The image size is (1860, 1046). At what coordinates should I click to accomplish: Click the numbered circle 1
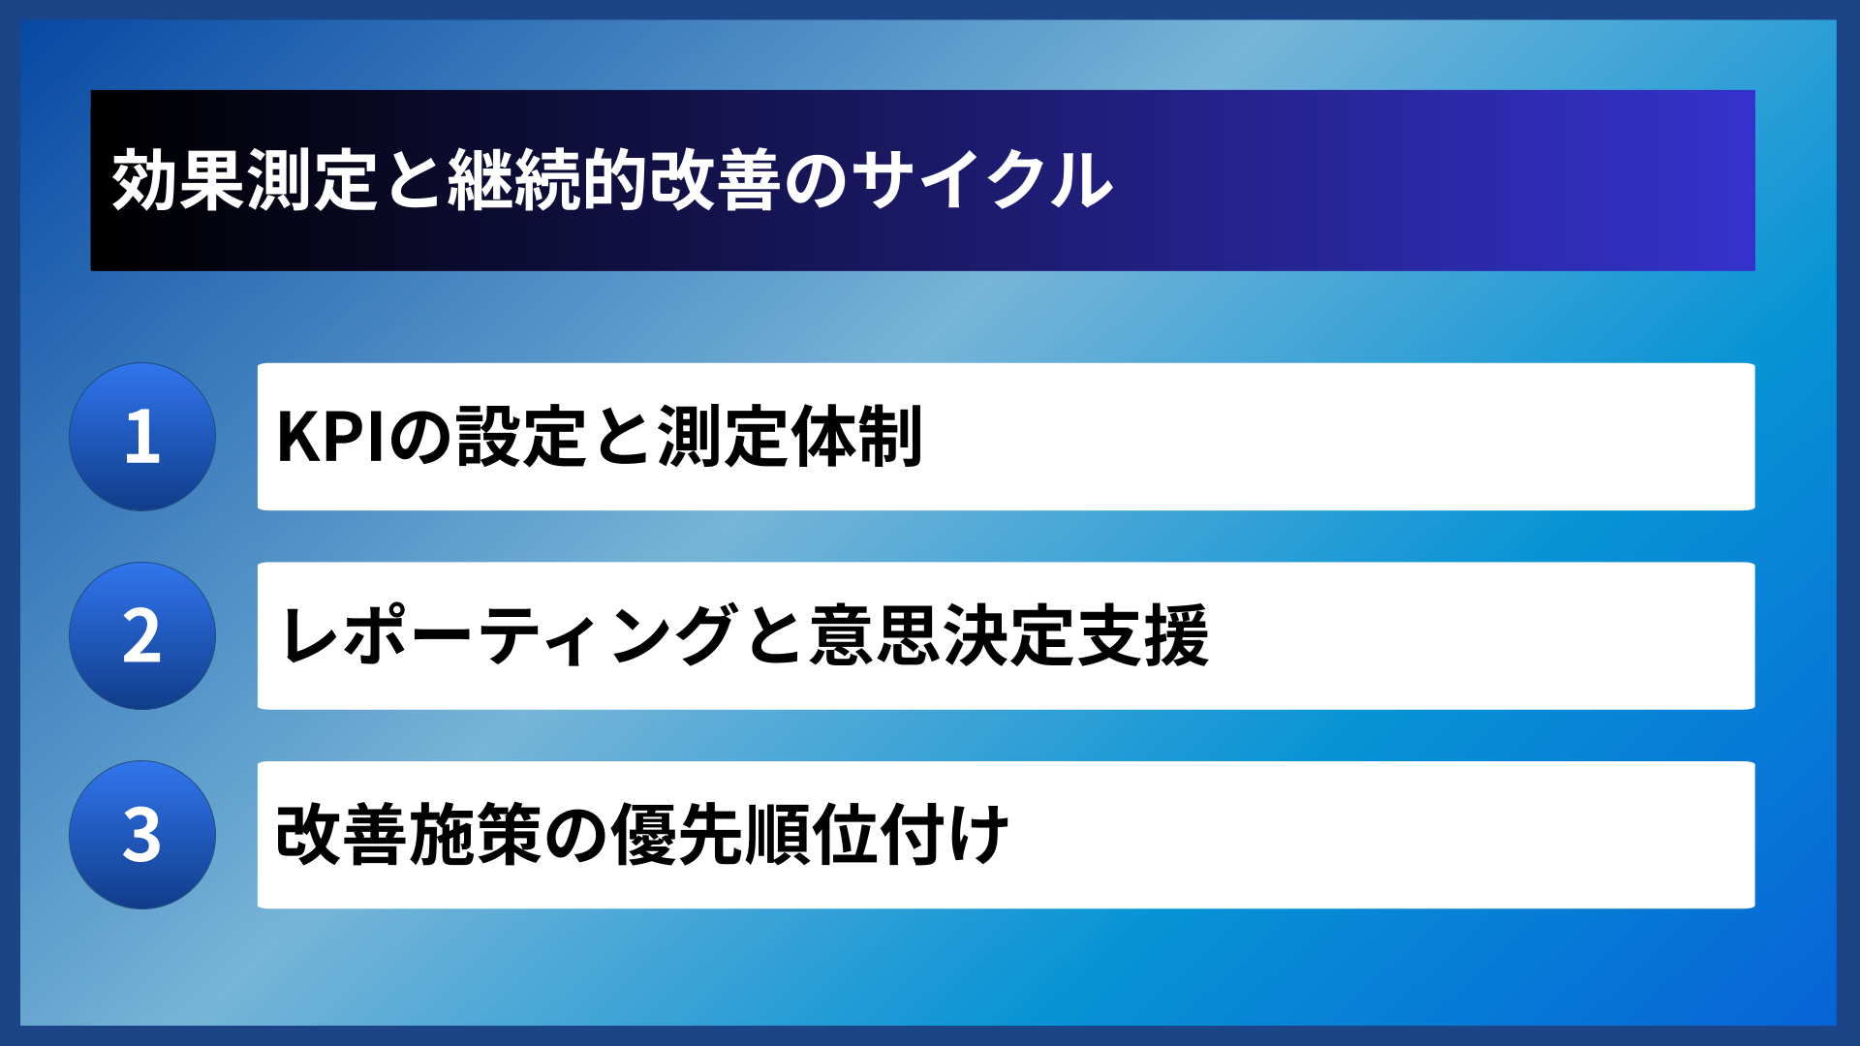coord(142,437)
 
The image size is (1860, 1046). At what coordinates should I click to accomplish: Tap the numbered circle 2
coord(142,636)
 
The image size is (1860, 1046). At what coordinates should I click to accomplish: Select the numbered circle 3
coord(142,835)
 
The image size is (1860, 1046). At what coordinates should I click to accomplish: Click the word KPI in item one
coord(334,438)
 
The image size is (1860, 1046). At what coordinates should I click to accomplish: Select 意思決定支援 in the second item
coord(1009,636)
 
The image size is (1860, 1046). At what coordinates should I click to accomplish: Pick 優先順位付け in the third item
coord(811,835)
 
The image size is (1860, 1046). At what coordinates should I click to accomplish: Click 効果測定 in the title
coord(244,181)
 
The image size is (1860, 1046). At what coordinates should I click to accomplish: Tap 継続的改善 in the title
coord(613,181)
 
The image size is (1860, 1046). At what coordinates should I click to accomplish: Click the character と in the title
coord(414,181)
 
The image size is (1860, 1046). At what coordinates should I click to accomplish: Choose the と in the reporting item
coord(775,636)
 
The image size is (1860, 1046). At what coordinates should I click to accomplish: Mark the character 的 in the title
coord(613,181)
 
